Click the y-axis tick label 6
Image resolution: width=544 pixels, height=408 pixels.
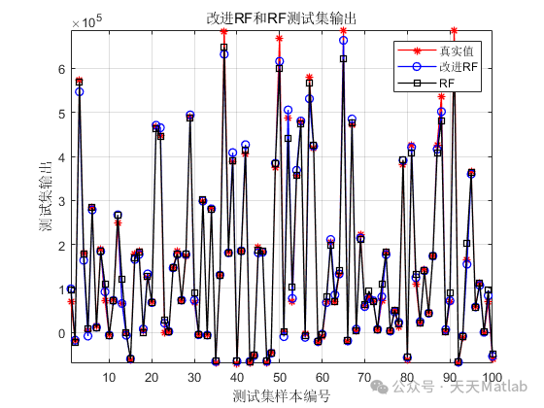[x=59, y=69]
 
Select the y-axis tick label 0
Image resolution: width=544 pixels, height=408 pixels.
[x=59, y=333]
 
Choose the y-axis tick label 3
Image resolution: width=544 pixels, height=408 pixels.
[x=59, y=201]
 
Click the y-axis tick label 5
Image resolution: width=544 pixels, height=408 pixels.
[x=59, y=113]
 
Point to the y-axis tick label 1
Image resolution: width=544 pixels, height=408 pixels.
[x=59, y=289]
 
